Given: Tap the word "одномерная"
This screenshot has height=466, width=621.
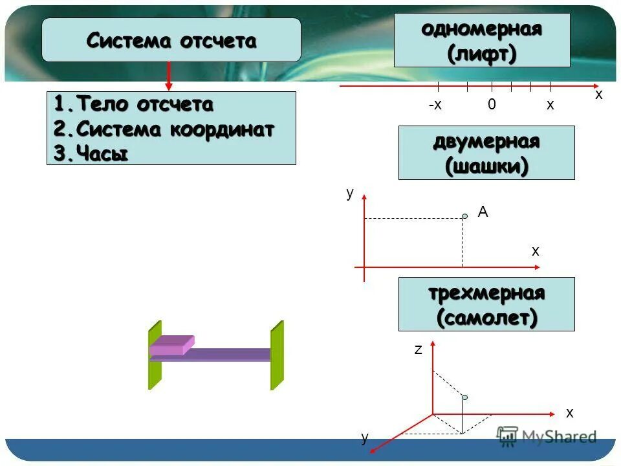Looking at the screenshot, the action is (x=481, y=30).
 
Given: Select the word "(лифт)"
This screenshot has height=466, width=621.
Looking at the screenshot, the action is (x=482, y=54).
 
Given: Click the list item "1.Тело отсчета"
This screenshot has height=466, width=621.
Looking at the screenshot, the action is (x=133, y=104).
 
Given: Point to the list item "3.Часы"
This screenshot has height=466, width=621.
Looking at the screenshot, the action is (x=91, y=153).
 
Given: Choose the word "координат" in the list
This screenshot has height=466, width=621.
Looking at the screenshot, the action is (x=222, y=129).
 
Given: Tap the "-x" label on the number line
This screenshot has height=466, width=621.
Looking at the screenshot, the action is (x=435, y=105).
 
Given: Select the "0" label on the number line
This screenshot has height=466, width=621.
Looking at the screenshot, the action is (x=492, y=105).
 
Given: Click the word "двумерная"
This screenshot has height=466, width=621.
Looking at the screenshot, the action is (x=486, y=142).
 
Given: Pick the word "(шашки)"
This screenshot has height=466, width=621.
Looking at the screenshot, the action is (x=486, y=166).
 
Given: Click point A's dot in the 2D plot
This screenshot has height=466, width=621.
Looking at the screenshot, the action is (x=464, y=216).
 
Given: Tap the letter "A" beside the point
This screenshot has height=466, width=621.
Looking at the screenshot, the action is (x=483, y=211).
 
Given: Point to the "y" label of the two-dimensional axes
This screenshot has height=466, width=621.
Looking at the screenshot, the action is (x=350, y=193).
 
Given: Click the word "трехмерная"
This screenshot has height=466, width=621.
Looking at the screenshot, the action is (x=486, y=293).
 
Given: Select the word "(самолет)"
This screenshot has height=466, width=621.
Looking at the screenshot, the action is (x=486, y=318).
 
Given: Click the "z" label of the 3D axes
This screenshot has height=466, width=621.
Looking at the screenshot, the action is (x=418, y=350).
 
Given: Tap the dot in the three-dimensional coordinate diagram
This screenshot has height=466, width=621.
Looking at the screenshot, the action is (x=464, y=397).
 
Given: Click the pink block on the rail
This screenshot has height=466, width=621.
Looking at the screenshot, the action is (x=172, y=346).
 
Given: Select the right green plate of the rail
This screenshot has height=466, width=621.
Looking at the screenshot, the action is (x=277, y=355).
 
